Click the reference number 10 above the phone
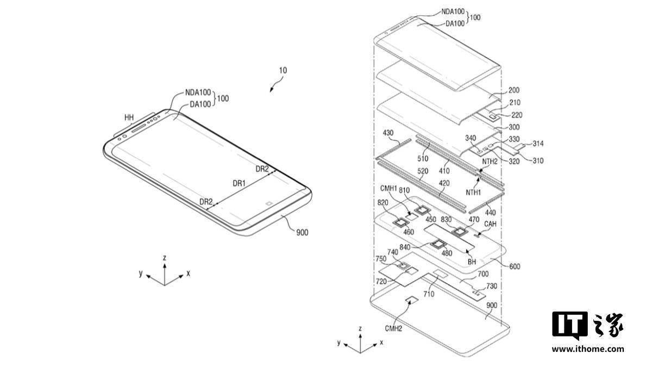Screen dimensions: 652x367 [x=283, y=71]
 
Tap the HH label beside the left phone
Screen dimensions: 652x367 [x=129, y=117]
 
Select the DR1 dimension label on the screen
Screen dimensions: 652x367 [x=239, y=184]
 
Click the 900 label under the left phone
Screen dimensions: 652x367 [x=302, y=233]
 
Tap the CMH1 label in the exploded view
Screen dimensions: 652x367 [x=388, y=189]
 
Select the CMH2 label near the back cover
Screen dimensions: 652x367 [x=393, y=328]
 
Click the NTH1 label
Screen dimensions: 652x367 [x=473, y=192]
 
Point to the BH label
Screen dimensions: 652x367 [x=472, y=262]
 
